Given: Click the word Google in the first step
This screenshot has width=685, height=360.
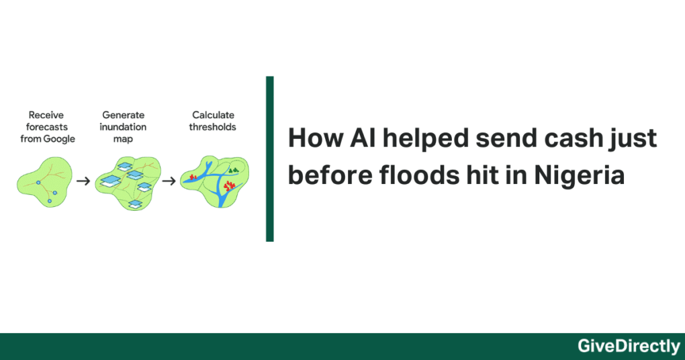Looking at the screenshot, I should tap(59, 139).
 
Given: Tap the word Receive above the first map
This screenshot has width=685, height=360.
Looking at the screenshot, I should tap(47, 116).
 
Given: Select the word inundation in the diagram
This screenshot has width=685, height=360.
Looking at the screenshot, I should tap(124, 127).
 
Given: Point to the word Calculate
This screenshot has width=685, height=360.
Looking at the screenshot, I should tap(214, 116).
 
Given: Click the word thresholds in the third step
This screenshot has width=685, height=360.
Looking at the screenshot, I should tap(214, 127).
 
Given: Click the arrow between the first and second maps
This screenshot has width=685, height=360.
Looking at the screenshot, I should tap(83, 181).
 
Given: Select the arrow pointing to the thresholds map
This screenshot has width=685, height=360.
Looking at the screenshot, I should tap(169, 181).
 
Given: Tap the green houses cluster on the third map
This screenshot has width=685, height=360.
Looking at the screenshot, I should tap(233, 171).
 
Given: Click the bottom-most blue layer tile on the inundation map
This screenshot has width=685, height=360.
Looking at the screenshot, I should tap(136, 204).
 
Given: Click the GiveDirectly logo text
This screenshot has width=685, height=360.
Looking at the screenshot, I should tap(629, 347).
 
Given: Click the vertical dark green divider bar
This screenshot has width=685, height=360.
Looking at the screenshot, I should tap(270, 159).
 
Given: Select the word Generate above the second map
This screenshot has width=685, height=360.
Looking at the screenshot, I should tap(124, 116).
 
